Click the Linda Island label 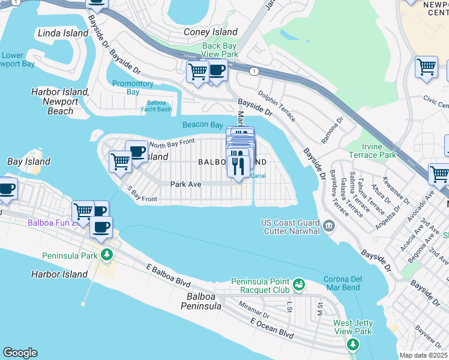click(x=63, y=33)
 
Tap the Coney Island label click(x=211, y=32)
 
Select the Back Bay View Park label click(x=220, y=50)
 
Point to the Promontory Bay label click(x=133, y=88)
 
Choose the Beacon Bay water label click(x=203, y=125)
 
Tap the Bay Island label click(x=28, y=162)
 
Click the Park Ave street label click(x=185, y=184)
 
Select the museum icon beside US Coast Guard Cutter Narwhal click(x=328, y=226)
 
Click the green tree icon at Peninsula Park click(x=106, y=255)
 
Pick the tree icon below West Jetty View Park click(x=353, y=344)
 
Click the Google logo click(x=20, y=353)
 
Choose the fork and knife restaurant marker click(x=238, y=164)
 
